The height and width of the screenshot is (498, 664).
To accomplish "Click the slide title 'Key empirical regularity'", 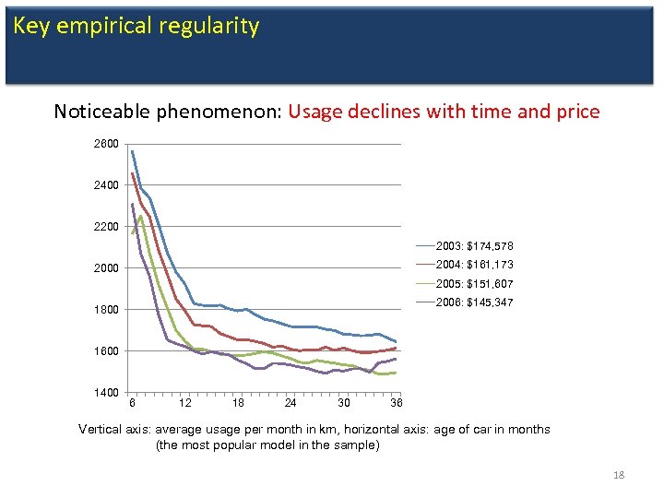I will [x=136, y=26].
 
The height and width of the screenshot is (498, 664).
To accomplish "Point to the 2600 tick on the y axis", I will [x=105, y=145].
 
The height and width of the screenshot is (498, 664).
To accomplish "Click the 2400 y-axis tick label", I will [x=105, y=185].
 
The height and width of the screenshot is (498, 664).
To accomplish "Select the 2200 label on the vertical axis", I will [x=105, y=227].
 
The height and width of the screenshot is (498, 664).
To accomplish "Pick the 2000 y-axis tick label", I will [x=105, y=268].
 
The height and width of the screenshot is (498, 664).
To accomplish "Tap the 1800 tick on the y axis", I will [x=105, y=310].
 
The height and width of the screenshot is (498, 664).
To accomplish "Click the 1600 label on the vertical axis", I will [x=105, y=351].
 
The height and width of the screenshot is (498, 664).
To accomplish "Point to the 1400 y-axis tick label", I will [x=105, y=393].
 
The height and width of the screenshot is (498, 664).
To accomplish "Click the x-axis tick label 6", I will [x=133, y=403].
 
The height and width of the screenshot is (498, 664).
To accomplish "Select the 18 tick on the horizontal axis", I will [x=238, y=403].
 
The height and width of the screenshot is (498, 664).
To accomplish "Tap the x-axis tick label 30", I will [x=343, y=403].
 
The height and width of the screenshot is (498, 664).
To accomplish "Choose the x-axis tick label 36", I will [x=396, y=403].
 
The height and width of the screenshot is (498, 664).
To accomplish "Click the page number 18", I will [x=619, y=475].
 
